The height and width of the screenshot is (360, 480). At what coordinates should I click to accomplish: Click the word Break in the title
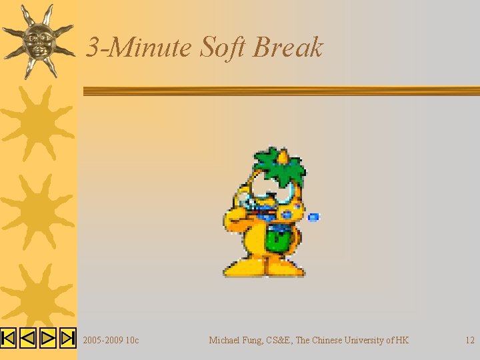(288, 47)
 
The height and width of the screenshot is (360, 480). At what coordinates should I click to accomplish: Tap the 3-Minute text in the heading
(139, 47)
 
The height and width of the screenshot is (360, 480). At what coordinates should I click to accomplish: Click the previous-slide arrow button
(27, 339)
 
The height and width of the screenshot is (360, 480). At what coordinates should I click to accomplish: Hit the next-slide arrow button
(47, 339)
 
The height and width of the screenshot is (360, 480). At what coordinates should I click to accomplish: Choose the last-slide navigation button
(67, 339)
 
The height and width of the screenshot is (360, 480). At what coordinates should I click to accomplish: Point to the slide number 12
(469, 340)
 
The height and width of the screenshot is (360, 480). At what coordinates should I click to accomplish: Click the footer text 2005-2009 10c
(111, 340)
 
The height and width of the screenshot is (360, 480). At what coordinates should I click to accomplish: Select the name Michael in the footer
(225, 340)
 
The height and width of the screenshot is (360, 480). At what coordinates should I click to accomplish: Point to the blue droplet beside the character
(314, 217)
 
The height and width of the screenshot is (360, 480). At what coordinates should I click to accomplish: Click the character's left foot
(243, 268)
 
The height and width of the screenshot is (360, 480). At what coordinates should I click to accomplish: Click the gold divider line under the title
(280, 91)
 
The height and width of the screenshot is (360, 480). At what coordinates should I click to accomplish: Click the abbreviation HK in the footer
(401, 340)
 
